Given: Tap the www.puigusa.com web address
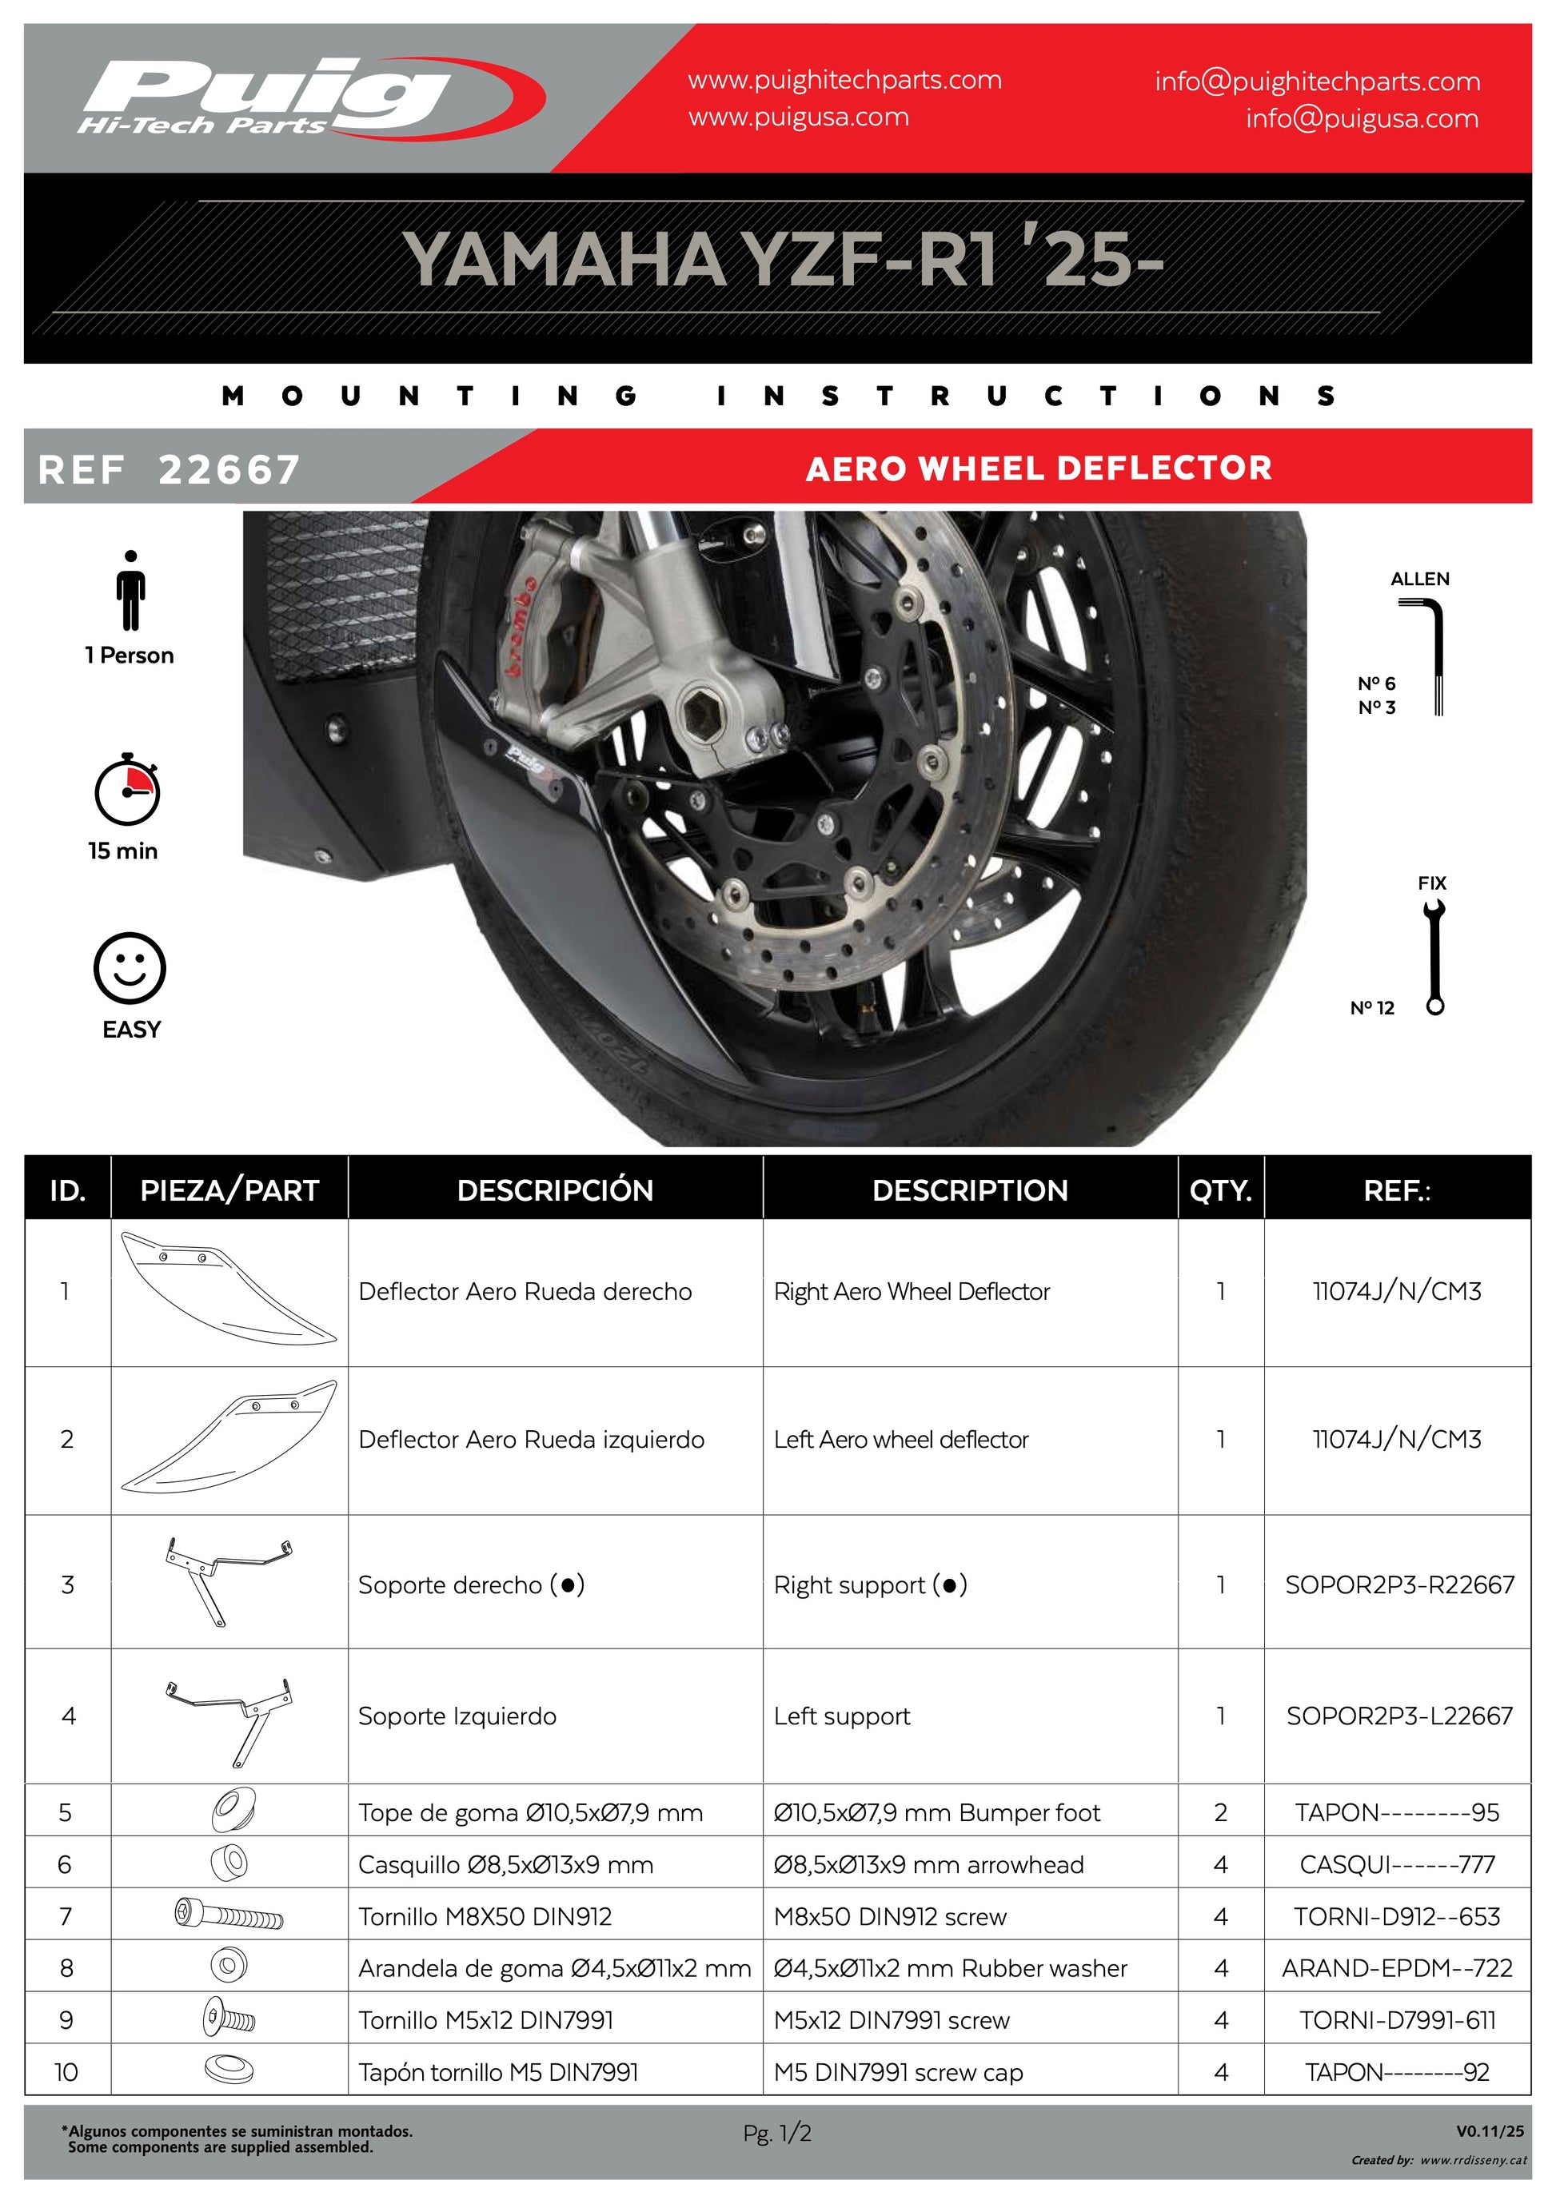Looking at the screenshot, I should coord(798,118).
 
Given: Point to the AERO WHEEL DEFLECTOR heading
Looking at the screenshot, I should coord(1039,468).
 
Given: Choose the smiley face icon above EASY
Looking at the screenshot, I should coord(130,968).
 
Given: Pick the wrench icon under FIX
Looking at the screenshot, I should coord(1434,957).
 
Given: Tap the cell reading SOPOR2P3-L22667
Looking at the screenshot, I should coord(1398,1716).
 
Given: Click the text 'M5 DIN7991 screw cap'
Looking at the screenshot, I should coord(898,2071).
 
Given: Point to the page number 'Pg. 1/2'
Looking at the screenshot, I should coord(777,2133).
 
